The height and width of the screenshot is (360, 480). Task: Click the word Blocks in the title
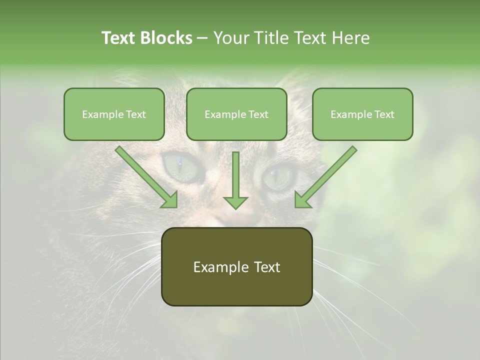click(x=166, y=38)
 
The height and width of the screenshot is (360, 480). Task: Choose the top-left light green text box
click(x=114, y=114)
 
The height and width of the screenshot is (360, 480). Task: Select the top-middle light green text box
click(x=236, y=114)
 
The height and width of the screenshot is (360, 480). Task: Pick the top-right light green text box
click(x=362, y=114)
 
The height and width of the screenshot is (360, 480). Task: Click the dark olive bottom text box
click(x=236, y=266)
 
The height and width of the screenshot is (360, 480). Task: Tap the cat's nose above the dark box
click(x=235, y=218)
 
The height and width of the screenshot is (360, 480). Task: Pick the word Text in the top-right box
click(x=384, y=114)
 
